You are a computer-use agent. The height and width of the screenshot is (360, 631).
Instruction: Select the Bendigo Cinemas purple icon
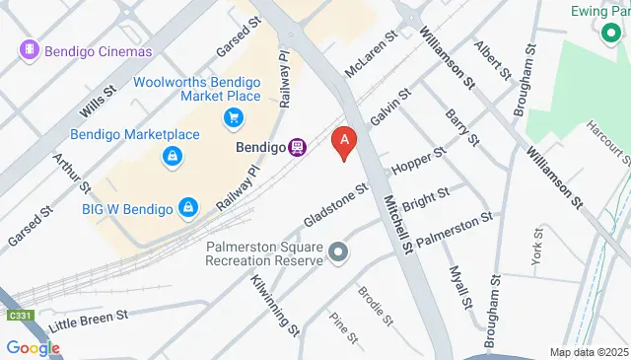[31, 50]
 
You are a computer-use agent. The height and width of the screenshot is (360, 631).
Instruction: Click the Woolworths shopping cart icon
[233, 119]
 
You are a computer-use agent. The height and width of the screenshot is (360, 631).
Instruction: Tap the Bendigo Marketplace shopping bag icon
[172, 156]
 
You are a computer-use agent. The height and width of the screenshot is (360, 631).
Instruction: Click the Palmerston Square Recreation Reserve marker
[339, 253]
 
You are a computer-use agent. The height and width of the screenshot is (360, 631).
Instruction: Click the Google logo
[32, 347]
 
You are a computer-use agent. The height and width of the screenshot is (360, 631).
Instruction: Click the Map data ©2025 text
[588, 352]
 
